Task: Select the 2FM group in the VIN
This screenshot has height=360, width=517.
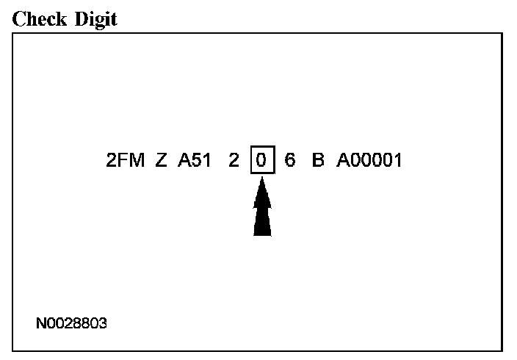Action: click(126, 160)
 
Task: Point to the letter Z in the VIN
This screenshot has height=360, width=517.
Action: click(162, 160)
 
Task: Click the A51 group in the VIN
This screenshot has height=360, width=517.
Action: click(195, 160)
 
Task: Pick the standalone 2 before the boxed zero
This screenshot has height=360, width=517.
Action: click(234, 160)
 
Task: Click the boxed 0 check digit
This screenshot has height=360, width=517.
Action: click(261, 160)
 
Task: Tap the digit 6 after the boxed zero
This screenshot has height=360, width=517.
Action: click(289, 160)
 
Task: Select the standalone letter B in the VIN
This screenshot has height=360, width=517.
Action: click(318, 160)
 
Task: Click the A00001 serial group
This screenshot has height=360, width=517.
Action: click(369, 160)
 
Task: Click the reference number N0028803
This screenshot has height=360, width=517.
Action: click(71, 323)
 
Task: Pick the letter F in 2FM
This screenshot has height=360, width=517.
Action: click(124, 160)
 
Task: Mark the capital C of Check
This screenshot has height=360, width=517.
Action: click(18, 19)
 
